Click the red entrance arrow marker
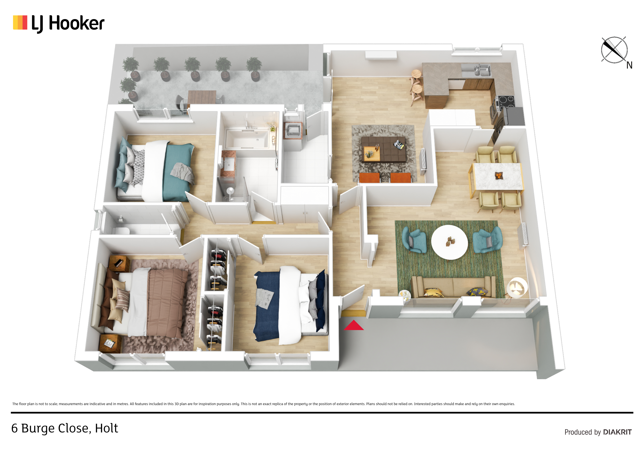354,325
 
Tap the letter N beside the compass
629,65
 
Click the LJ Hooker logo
59,23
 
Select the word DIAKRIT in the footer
617,432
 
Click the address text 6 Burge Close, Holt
64,428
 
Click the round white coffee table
449,242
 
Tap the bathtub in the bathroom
247,139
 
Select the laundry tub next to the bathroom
293,130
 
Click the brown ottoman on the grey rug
383,149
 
